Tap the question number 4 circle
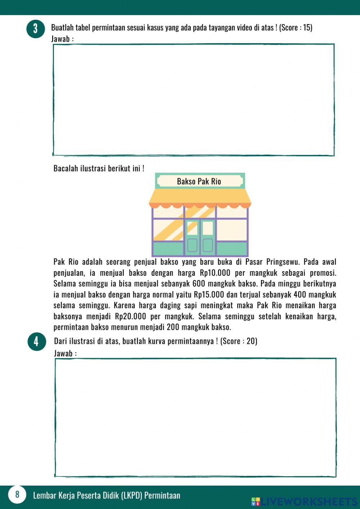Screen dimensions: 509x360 pyautogui.click(x=36, y=341)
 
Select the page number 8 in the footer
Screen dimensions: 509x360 pyautogui.click(x=17, y=494)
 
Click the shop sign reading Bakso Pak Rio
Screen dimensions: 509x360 pyautogui.click(x=199, y=181)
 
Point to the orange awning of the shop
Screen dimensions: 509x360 pyautogui.click(x=200, y=197)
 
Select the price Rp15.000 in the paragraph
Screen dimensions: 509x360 pyautogui.click(x=209, y=294)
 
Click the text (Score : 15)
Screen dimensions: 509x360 pyautogui.click(x=296, y=27)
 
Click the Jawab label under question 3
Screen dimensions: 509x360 pyautogui.click(x=62, y=39)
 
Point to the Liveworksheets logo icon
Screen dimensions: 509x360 pyautogui.click(x=256, y=501)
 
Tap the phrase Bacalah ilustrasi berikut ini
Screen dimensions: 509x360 pyautogui.click(x=99, y=168)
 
